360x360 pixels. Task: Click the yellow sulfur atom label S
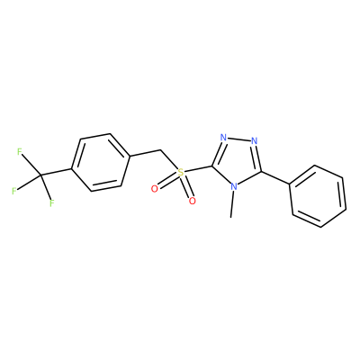180,173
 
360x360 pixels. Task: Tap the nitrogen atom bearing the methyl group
234,187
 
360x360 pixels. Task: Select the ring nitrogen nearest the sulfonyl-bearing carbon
223,138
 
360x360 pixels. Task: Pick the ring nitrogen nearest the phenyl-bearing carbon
255,140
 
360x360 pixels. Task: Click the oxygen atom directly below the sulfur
193,201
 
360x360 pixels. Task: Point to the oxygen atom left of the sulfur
155,189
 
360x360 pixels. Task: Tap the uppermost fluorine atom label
20,152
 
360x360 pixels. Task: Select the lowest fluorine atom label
52,203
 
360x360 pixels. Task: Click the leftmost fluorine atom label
13,191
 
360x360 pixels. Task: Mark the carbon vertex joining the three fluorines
40,175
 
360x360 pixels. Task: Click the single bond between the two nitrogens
238,139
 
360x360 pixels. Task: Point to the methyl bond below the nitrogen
232,204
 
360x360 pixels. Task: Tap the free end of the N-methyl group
230,217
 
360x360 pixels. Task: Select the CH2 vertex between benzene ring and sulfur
161,149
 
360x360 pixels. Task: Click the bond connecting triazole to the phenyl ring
275,178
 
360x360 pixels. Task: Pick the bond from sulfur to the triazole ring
198,169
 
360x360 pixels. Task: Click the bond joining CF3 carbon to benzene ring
56,172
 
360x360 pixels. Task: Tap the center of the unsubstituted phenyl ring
318,196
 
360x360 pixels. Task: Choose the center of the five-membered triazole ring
239,161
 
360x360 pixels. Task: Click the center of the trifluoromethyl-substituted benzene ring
101,162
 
